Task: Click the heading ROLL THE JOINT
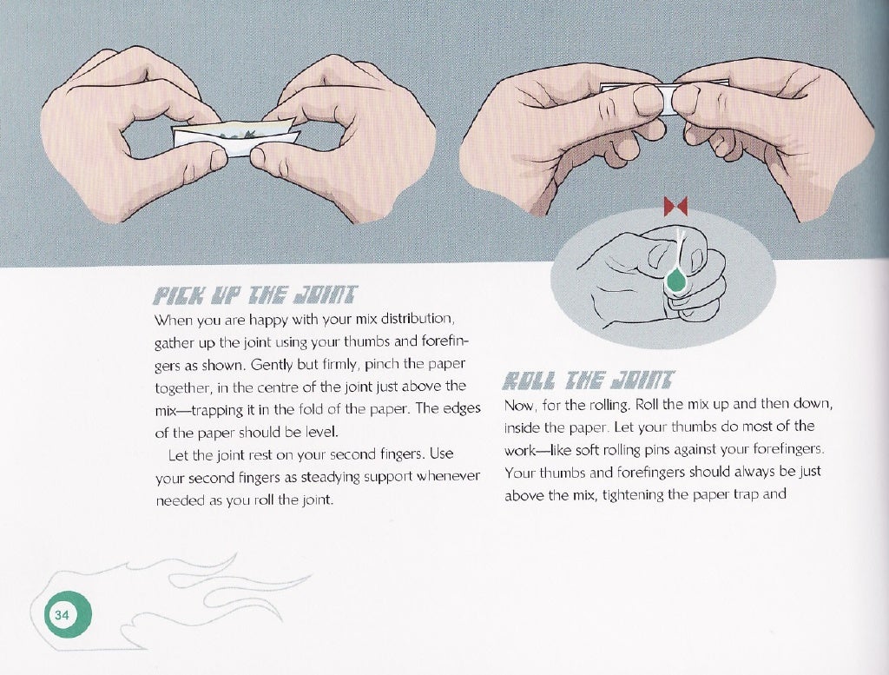coord(596,381)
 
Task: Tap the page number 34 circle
coord(63,614)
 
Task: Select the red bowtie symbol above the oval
coord(675,208)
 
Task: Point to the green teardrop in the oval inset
coord(674,280)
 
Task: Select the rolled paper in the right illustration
coord(639,97)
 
